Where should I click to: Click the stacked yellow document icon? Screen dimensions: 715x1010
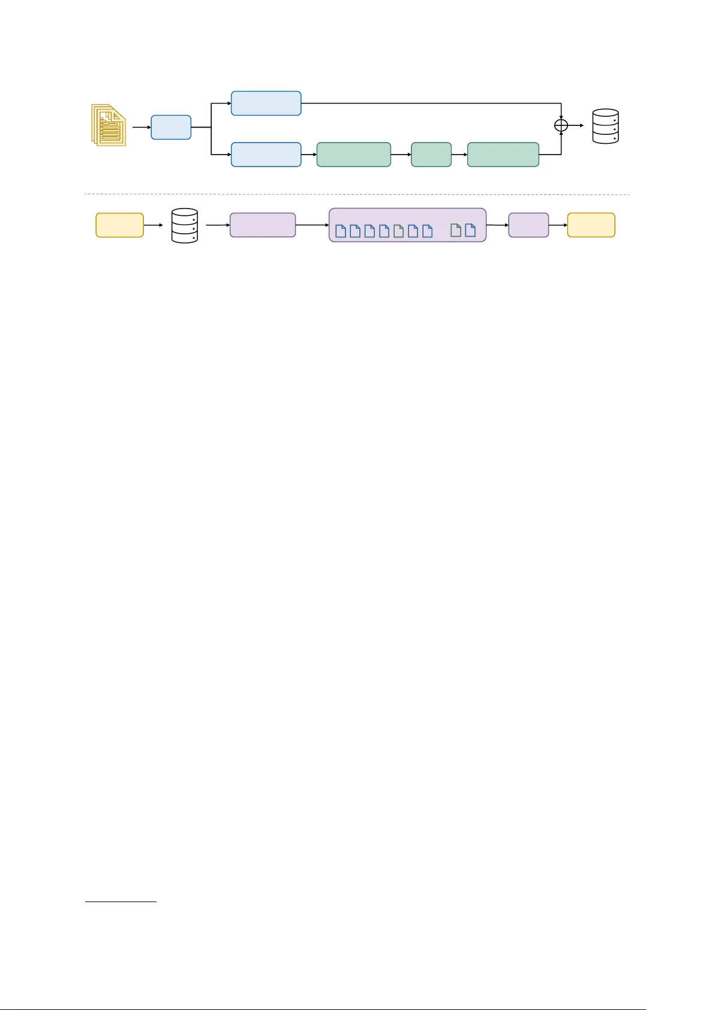click(x=109, y=125)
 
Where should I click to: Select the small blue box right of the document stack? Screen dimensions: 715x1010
click(x=171, y=127)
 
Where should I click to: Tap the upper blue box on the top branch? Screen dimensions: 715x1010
click(x=266, y=103)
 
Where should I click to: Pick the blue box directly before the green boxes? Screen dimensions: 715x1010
click(x=266, y=155)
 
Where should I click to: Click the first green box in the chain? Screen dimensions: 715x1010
click(x=353, y=155)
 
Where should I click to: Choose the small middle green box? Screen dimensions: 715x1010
click(x=431, y=155)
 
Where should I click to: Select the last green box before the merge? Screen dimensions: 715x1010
click(x=503, y=155)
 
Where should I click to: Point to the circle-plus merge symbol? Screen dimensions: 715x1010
click(x=561, y=125)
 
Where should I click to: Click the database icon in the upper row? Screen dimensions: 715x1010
click(x=605, y=126)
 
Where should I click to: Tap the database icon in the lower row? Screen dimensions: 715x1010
click(x=185, y=225)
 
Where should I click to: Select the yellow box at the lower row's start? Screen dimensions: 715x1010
click(x=119, y=225)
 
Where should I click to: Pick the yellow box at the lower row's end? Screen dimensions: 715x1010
click(x=591, y=225)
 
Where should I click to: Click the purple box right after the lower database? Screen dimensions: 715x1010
click(x=263, y=225)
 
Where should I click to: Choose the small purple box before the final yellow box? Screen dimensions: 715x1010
click(x=528, y=225)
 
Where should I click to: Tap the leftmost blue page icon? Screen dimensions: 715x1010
click(x=341, y=231)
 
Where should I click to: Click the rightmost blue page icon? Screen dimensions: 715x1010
click(x=470, y=230)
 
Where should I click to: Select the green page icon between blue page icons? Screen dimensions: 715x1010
click(x=398, y=231)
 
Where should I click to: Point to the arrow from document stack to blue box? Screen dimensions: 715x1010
click(x=142, y=127)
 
